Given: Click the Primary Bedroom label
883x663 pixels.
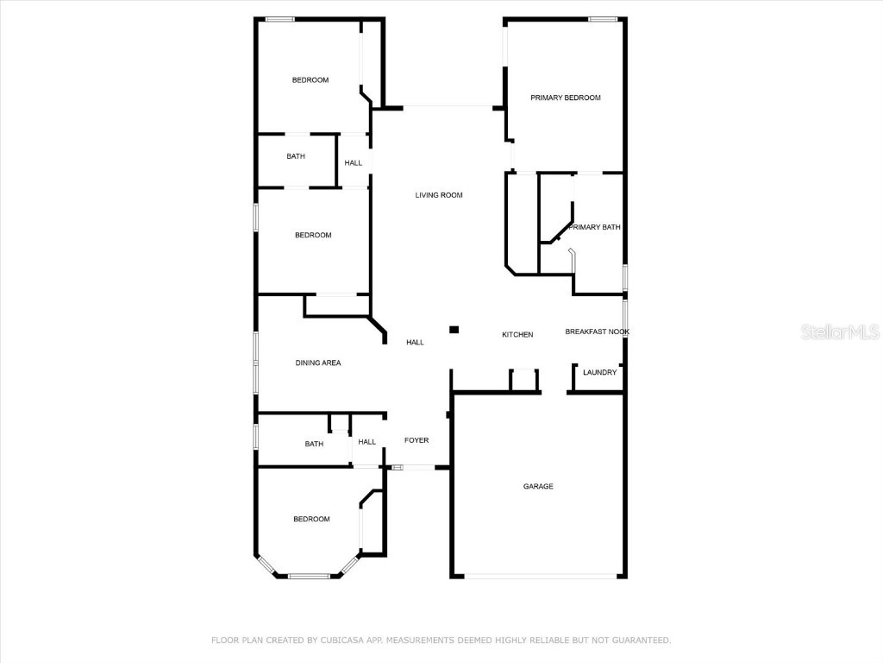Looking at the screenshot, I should tap(565, 98).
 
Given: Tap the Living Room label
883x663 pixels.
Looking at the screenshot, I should tap(439, 195).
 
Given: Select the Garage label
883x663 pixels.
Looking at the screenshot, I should tap(538, 486).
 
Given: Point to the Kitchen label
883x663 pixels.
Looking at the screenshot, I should tap(517, 335).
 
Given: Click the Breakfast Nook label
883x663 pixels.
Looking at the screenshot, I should tap(597, 331).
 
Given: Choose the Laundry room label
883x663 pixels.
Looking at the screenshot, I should tap(599, 372).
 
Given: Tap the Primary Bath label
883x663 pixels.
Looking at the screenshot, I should tap(594, 227).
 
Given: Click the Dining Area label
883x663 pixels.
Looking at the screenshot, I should tap(318, 363).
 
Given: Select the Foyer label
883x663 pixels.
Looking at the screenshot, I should tap(416, 440).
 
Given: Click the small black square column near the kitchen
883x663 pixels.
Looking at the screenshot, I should tap(454, 329).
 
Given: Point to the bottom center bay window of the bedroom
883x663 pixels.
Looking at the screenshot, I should tap(309, 576).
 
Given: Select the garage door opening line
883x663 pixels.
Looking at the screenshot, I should tap(538, 577).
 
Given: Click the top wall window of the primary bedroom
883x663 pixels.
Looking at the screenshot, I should tap(603, 19).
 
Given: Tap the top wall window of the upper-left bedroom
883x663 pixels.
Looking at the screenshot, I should tap(279, 19).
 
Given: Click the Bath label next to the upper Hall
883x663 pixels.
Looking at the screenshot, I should tap(296, 156).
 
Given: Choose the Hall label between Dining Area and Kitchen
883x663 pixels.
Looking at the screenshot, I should tap(415, 343).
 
